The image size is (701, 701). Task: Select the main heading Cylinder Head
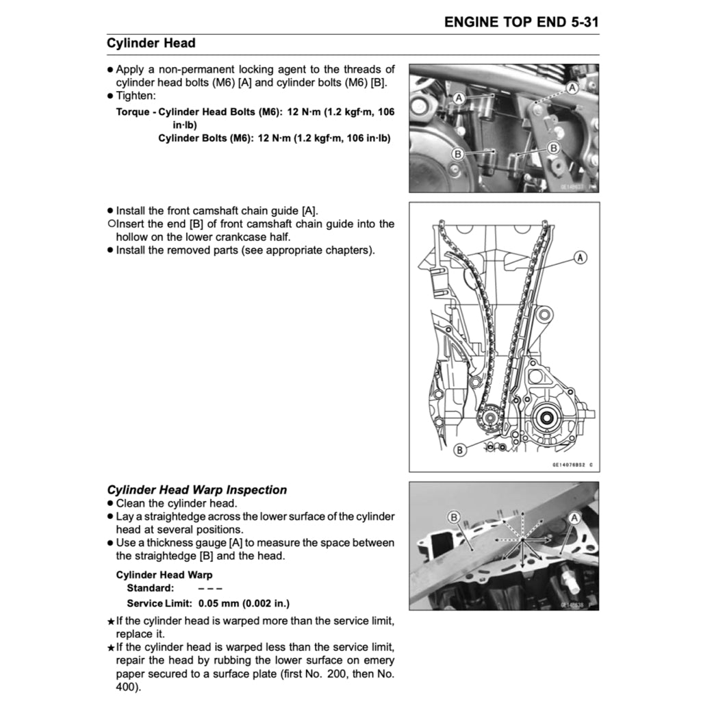pyautogui.click(x=151, y=43)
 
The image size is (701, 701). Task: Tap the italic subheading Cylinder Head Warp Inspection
pyautogui.click(x=197, y=489)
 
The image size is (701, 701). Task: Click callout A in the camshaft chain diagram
pyautogui.click(x=580, y=257)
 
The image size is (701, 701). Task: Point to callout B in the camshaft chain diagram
pyautogui.click(x=460, y=449)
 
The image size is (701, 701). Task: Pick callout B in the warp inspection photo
pyautogui.click(x=453, y=516)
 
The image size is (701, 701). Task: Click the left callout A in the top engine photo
pyautogui.click(x=459, y=99)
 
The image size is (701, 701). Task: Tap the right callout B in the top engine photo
pyautogui.click(x=553, y=147)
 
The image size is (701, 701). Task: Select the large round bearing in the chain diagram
pyautogui.click(x=548, y=416)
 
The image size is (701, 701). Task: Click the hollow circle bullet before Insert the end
pyautogui.click(x=110, y=224)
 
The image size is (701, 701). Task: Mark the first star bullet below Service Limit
pyautogui.click(x=111, y=622)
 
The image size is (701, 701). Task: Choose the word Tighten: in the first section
pyautogui.click(x=136, y=96)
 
